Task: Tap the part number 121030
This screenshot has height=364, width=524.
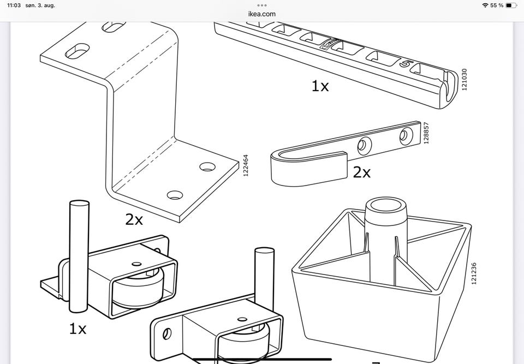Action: click(465, 80)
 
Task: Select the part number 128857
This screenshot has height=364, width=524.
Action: click(426, 133)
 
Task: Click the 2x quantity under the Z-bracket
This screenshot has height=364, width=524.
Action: click(134, 219)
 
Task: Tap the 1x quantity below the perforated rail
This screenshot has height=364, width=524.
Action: click(320, 86)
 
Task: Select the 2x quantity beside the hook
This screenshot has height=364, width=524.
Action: click(361, 172)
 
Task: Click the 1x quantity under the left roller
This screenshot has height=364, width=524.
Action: click(78, 329)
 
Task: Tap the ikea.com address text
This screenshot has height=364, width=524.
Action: click(261, 14)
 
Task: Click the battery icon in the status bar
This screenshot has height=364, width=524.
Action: click(510, 5)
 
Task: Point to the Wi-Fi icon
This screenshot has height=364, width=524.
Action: click(485, 5)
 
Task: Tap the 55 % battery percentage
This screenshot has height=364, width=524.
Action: click(497, 5)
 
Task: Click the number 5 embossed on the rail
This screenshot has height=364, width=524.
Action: click(404, 64)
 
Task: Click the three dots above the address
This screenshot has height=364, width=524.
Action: click(261, 5)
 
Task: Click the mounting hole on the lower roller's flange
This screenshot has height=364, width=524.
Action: click(166, 332)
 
